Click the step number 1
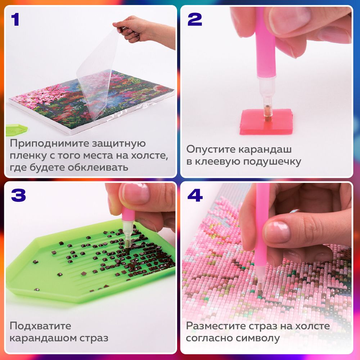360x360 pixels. tap(15, 20)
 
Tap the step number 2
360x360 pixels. tap(194, 20)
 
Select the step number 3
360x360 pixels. tap(18, 195)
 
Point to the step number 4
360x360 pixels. tap(195, 195)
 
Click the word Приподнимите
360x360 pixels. tap(45, 144)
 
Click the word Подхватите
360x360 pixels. tap(40, 326)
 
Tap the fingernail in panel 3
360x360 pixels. tap(136, 193)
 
